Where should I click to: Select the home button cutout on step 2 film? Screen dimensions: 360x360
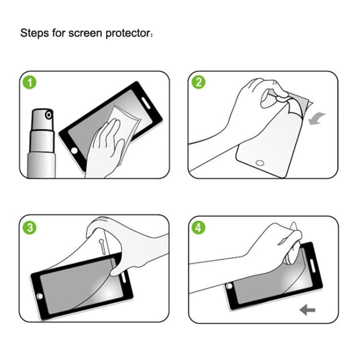tap(260, 162)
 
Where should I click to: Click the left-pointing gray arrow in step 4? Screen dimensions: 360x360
tap(307, 311)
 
